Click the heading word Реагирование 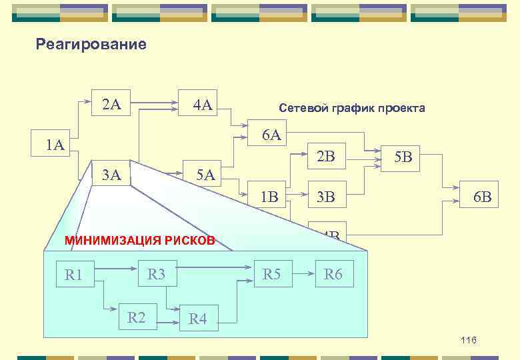coord(91,45)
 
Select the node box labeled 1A coord(51,145)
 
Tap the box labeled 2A coord(111,104)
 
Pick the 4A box coord(202,105)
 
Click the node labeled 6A coord(271,135)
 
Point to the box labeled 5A coord(205,175)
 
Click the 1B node coord(269,197)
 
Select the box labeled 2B coord(326,157)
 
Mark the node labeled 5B coord(403,158)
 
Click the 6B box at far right coord(481,197)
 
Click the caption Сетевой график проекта coord(351,108)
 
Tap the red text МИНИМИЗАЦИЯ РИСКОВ coord(139,240)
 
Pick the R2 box coord(137,317)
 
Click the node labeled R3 coord(157,273)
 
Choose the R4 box coord(198,319)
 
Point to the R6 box coord(333,273)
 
